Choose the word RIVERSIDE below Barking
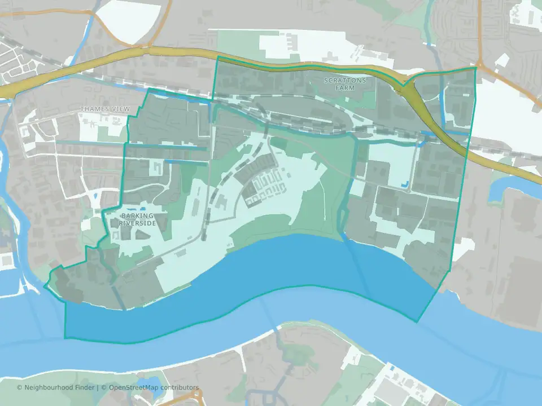tap(137, 223)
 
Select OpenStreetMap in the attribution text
tap(135, 387)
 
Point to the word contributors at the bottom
tap(180, 387)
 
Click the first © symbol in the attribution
tap(19, 387)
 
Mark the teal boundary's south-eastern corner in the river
tap(417, 322)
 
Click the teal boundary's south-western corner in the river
tap(65, 338)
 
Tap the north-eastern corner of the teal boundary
tap(475, 68)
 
